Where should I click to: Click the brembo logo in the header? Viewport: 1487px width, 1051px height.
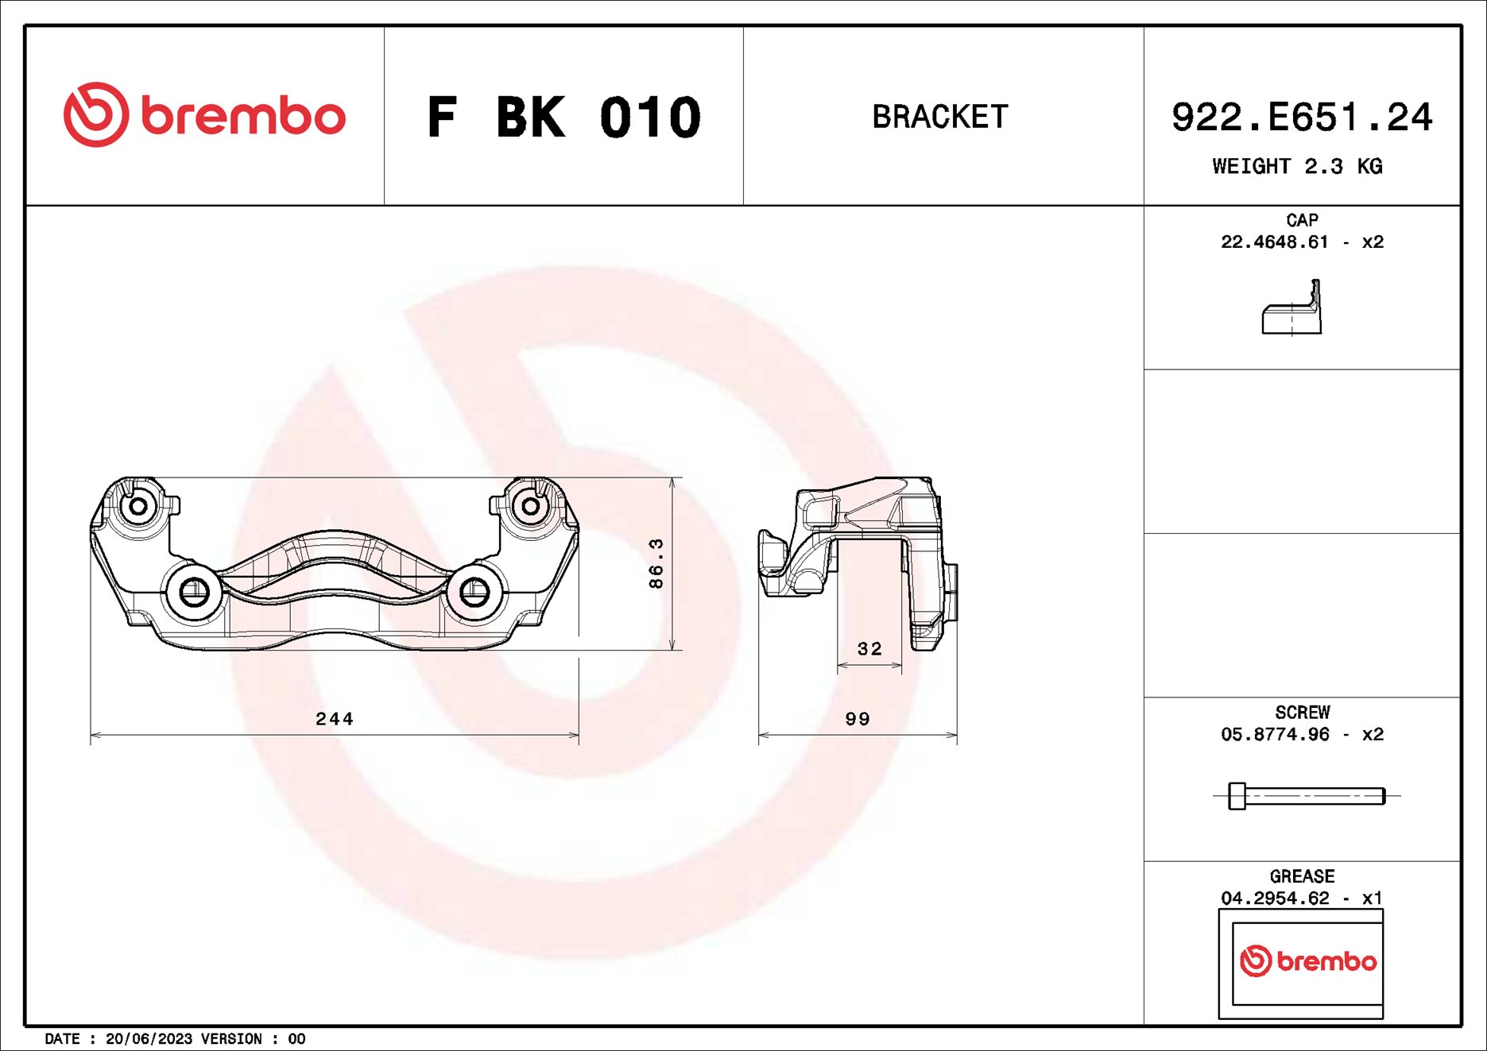[x=204, y=115]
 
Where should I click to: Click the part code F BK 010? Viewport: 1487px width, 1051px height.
[x=563, y=118]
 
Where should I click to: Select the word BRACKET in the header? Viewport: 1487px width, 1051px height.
[x=940, y=117]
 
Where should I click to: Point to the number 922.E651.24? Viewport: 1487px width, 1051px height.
[x=1301, y=118]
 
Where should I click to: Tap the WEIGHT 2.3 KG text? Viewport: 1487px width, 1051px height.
[x=1297, y=166]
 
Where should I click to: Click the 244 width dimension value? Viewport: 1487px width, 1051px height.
[x=334, y=719]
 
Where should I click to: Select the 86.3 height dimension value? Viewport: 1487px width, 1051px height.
[x=656, y=563]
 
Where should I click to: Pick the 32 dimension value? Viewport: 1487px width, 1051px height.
[x=869, y=649]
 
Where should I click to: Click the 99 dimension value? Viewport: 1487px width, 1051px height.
[x=858, y=719]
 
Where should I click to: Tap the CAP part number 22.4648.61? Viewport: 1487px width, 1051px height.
[x=1274, y=242]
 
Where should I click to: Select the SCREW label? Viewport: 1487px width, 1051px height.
[x=1302, y=712]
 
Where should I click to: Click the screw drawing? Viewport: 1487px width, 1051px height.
[x=1307, y=795]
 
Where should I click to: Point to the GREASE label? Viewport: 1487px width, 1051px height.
[x=1302, y=876]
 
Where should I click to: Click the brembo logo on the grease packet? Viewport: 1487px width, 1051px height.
[x=1307, y=961]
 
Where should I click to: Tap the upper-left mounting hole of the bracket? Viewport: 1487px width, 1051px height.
[x=137, y=506]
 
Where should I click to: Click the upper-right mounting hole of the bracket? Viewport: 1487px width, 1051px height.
[x=530, y=506]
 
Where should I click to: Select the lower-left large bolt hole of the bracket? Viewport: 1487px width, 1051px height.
[x=194, y=591]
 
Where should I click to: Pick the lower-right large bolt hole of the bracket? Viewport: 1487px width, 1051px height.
[x=474, y=591]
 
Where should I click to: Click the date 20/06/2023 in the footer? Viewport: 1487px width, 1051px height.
[x=149, y=1039]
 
